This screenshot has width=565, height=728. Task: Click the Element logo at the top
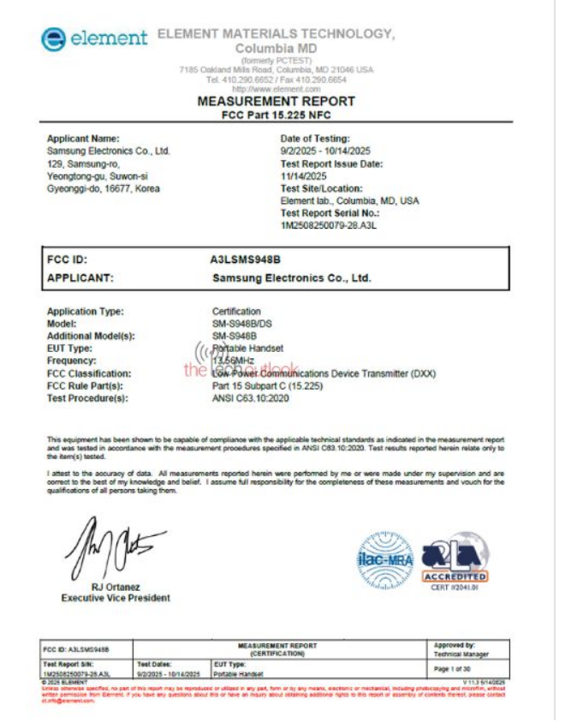click(94, 39)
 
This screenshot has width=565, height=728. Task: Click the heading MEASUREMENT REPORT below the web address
click(276, 101)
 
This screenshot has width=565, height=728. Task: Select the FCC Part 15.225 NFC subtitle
click(276, 114)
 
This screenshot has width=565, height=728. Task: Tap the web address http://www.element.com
click(276, 89)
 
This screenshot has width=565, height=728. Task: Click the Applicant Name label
click(82, 138)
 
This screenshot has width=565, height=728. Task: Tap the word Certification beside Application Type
click(236, 312)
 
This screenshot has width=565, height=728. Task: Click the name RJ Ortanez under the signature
click(115, 587)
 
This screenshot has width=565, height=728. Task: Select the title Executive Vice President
click(115, 598)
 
